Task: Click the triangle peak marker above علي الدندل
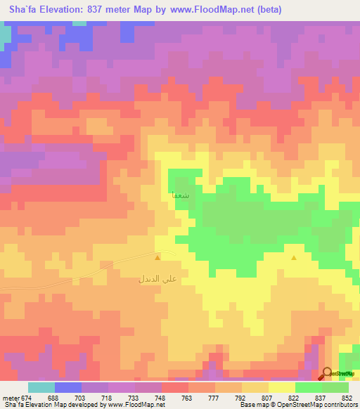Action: (157, 258)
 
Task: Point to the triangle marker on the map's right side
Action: (294, 258)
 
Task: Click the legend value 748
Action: (161, 398)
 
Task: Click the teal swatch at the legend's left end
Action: (41, 387)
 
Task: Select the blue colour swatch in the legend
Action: (67, 387)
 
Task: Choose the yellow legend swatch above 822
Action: (281, 387)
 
